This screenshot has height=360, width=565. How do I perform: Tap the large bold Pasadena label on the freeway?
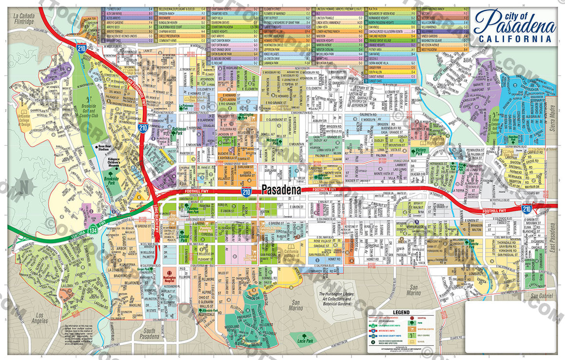pos(281,190)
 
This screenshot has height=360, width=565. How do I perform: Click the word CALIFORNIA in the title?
pos(516,38)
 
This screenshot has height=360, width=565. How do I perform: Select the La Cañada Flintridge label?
pos(23,19)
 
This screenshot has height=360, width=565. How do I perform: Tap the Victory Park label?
pos(420,152)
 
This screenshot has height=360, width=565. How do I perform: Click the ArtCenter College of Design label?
pos(24,119)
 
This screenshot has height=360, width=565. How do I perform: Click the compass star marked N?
pos(23,187)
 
